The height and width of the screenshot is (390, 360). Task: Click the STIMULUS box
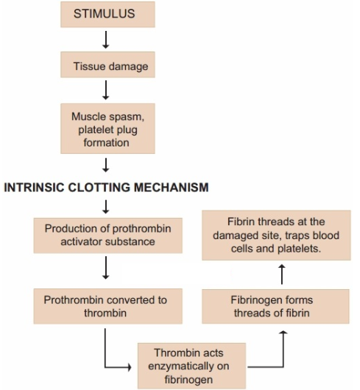click(x=107, y=15)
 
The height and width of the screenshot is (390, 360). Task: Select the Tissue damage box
click(x=107, y=65)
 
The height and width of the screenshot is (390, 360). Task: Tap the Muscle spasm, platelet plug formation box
click(x=107, y=128)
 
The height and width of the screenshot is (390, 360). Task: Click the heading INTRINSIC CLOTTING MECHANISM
click(x=106, y=188)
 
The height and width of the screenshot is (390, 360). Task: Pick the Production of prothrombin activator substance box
click(x=108, y=235)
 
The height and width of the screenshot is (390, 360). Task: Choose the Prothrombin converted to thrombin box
click(x=108, y=306)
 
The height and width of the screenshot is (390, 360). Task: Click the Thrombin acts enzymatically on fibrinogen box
click(x=192, y=366)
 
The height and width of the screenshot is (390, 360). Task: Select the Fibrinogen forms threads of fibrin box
click(x=275, y=306)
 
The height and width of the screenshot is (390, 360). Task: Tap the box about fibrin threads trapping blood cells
click(x=276, y=235)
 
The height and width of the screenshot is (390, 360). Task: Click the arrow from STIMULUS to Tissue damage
click(x=106, y=40)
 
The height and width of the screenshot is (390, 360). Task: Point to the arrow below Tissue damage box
click(x=106, y=90)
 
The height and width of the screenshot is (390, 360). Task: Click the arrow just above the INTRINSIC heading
click(x=106, y=165)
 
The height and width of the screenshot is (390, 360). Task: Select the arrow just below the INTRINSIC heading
click(x=106, y=207)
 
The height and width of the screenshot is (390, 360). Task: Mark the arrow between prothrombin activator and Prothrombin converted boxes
click(x=106, y=268)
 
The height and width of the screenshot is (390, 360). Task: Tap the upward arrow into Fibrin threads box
click(x=282, y=274)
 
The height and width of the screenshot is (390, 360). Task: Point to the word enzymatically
click(x=188, y=366)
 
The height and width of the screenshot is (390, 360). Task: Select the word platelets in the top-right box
click(x=299, y=249)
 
